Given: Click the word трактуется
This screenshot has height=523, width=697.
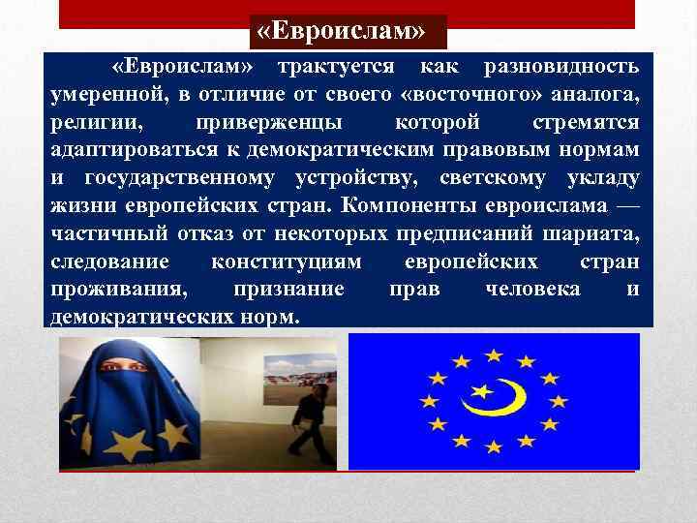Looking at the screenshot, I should (x=335, y=68).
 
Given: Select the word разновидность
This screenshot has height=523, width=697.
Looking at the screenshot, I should (x=561, y=68).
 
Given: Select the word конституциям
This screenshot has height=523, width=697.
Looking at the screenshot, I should (x=287, y=262).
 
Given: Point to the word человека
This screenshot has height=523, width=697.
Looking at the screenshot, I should (x=532, y=290).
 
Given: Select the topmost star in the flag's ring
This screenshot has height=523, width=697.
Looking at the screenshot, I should (x=494, y=354).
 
